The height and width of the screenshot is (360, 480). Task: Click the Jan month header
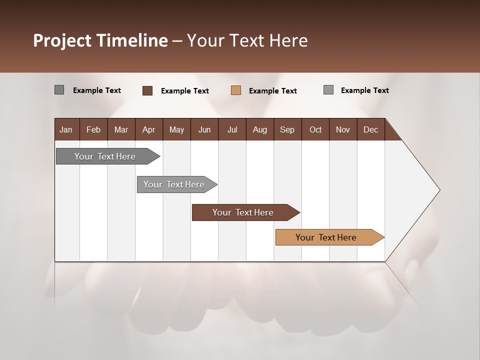(x=66, y=129)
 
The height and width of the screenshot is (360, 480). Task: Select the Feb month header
(x=93, y=129)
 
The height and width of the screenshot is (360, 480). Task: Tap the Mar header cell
(x=121, y=129)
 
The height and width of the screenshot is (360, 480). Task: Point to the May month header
(x=176, y=129)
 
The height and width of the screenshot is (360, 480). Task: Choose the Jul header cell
(x=232, y=129)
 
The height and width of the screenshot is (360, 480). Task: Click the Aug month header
(x=259, y=129)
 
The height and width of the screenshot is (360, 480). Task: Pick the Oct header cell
(x=315, y=129)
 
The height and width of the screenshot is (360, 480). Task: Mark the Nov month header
(x=343, y=129)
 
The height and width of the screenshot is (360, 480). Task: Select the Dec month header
(x=370, y=129)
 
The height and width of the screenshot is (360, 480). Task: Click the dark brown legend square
(x=147, y=90)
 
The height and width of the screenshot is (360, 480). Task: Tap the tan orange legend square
(x=236, y=90)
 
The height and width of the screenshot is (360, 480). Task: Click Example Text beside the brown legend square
(x=184, y=91)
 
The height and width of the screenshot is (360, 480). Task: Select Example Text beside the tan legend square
(x=272, y=91)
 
